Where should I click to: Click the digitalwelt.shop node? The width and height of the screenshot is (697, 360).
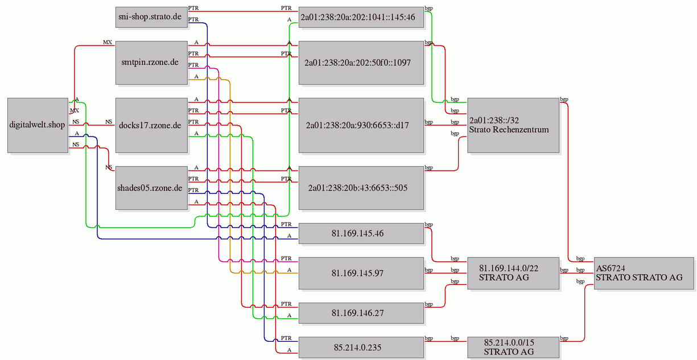pos(38,125)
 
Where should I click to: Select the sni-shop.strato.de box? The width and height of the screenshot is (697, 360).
pos(151,17)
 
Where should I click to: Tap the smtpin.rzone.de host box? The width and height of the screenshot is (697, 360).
pos(151,63)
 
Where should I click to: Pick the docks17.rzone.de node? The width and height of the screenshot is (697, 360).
pos(151,125)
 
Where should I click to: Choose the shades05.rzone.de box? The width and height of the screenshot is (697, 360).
pos(151,188)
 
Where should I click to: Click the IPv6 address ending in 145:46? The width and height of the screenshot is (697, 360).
pos(361,17)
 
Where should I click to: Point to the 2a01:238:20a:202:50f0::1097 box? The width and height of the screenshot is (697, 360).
pos(361,63)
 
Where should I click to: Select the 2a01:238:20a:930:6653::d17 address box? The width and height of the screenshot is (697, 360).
pos(361,125)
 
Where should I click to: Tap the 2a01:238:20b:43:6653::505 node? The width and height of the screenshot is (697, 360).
pos(361,188)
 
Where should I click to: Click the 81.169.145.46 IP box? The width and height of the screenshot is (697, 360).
pos(361,233)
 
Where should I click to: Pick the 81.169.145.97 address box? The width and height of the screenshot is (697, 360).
pos(361,273)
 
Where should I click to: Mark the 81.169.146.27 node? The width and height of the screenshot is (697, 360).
pos(361,313)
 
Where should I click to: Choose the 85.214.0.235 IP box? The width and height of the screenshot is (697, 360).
pos(361,347)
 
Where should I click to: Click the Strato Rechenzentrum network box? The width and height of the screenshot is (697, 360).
pos(513,125)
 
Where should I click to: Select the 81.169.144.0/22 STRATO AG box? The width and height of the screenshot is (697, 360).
pos(513,273)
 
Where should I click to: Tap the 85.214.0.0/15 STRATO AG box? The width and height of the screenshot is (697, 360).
pos(513,347)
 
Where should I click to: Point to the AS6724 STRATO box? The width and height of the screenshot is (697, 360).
pos(644,273)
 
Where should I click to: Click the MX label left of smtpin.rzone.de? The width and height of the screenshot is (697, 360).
pos(108,42)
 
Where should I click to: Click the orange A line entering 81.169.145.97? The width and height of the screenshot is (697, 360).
pos(230,174)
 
